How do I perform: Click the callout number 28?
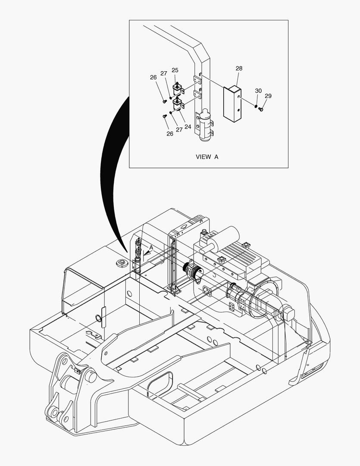[239, 69]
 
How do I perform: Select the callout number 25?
[175, 70]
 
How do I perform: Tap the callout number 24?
[188, 127]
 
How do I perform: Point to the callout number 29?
[268, 96]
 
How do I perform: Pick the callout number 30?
[258, 91]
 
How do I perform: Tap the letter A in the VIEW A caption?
[216, 157]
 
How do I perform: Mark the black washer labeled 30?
[256, 106]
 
